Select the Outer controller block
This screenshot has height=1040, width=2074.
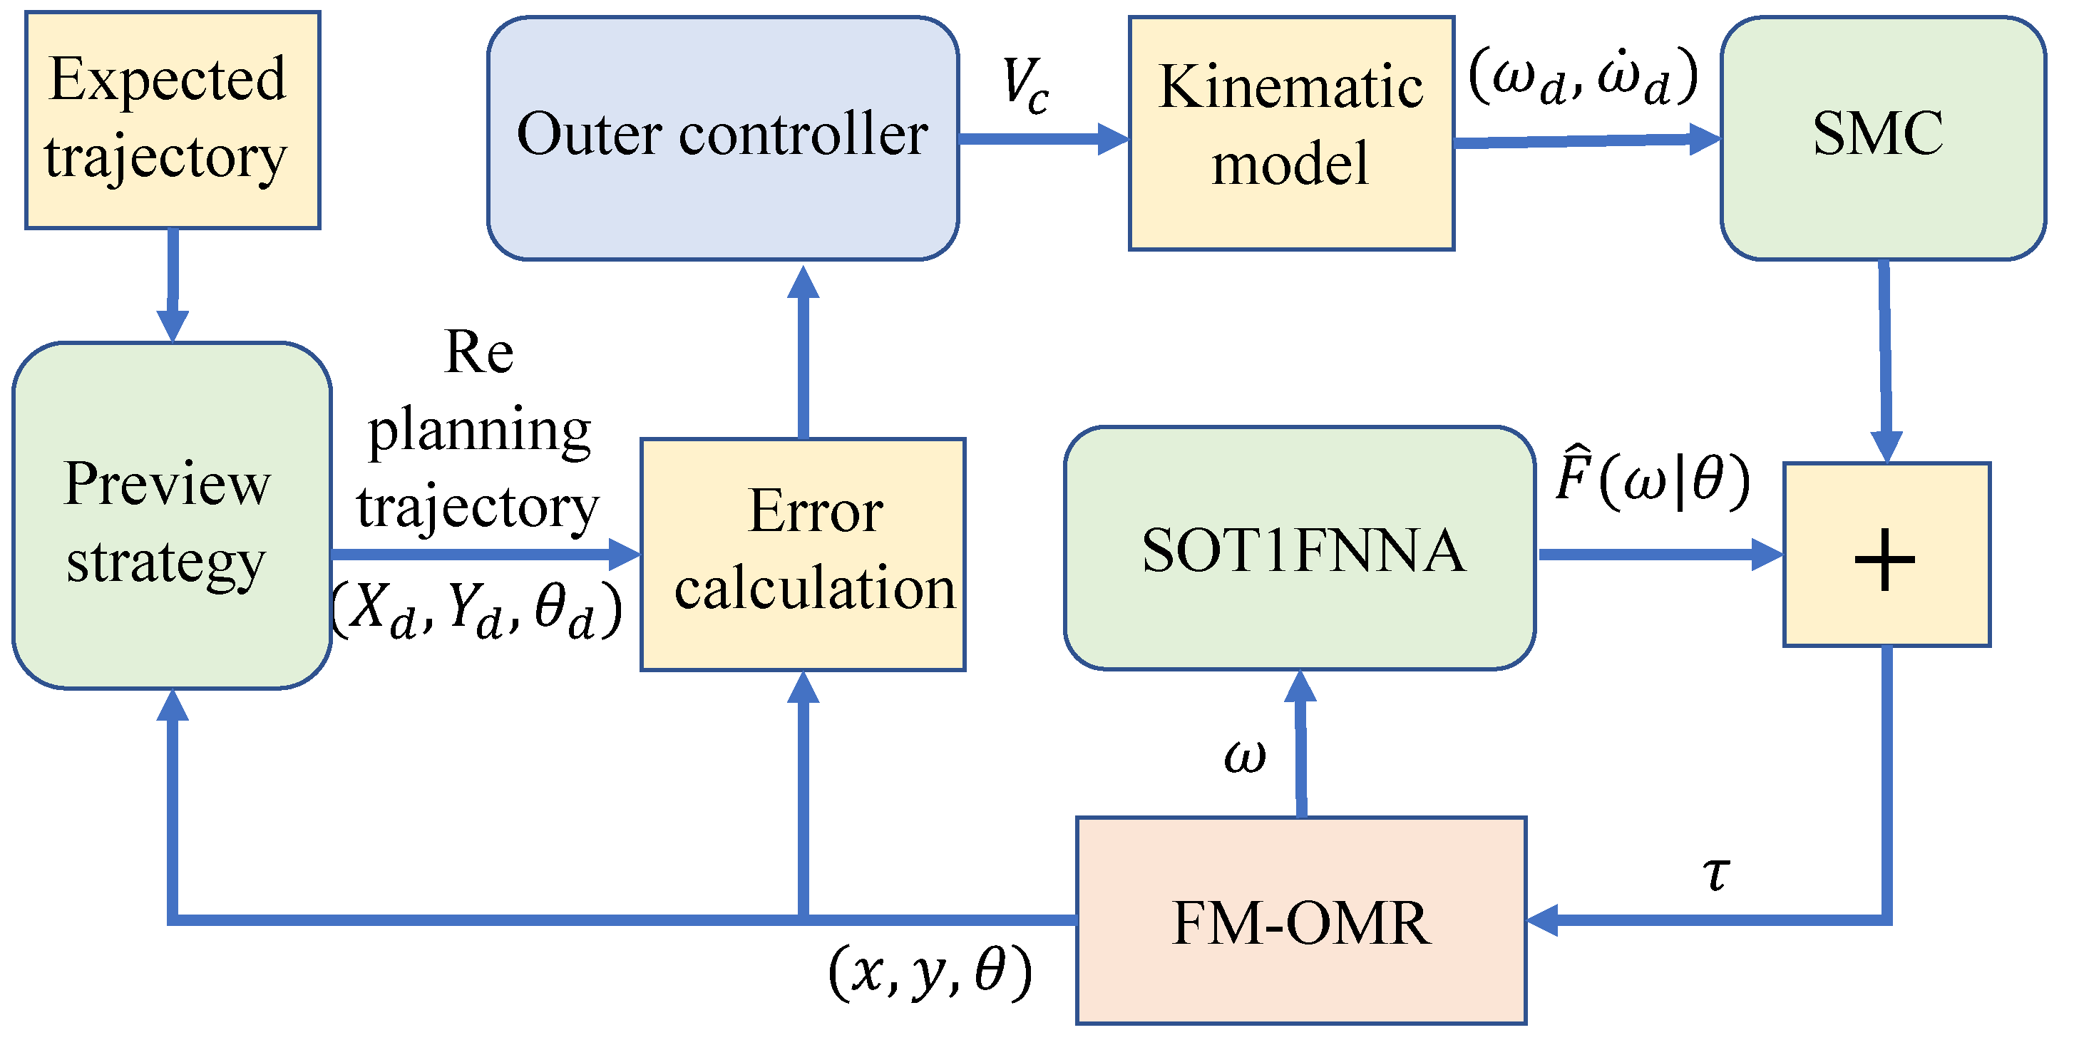[722, 138]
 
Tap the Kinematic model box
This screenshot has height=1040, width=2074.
[1290, 133]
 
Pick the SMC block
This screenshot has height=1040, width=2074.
[1882, 138]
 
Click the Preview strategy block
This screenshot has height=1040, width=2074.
[172, 516]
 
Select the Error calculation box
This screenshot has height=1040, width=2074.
[803, 555]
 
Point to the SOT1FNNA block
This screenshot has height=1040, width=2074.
[1300, 548]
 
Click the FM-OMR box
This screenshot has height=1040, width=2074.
[1301, 920]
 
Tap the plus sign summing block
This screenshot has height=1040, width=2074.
[1886, 555]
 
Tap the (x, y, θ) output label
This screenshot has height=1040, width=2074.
[930, 972]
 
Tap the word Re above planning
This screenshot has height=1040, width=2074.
[478, 353]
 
